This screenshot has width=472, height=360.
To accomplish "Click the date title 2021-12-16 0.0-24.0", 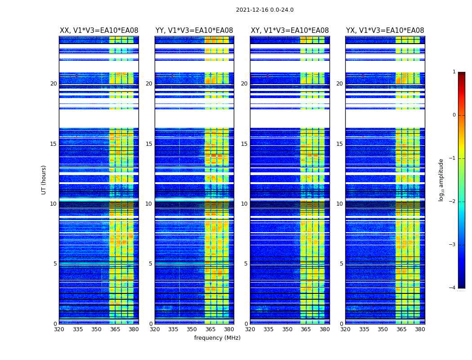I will click(x=264, y=10).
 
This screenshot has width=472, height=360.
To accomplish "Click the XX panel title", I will click(x=99, y=31).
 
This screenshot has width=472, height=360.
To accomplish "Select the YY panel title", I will click(x=194, y=31).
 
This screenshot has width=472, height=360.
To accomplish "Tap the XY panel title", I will click(x=289, y=31).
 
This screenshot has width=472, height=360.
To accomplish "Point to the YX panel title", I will click(x=385, y=31).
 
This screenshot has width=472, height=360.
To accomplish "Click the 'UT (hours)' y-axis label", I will click(x=44, y=180).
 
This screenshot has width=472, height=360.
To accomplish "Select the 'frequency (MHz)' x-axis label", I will click(x=217, y=338).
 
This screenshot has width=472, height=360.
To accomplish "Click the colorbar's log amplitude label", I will click(x=441, y=180).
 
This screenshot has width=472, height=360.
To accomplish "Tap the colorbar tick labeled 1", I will click(x=454, y=72).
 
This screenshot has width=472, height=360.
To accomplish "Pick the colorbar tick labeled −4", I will click(x=453, y=288).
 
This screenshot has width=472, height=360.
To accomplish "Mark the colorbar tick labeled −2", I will click(x=453, y=202).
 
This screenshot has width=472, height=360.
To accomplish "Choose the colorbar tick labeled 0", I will click(x=454, y=115).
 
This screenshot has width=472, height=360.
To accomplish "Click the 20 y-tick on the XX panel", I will click(x=53, y=84).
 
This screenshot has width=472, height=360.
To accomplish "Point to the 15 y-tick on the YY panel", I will click(x=149, y=144).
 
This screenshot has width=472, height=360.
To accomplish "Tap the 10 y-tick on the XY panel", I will click(x=244, y=204).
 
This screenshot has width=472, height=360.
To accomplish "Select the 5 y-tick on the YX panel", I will click(x=341, y=264).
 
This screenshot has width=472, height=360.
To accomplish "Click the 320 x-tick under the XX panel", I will click(x=59, y=329).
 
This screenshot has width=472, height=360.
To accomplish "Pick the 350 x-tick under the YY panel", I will click(x=192, y=329).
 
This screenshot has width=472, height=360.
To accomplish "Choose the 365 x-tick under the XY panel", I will click(x=306, y=329).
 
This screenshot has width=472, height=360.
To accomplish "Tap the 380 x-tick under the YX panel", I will click(x=420, y=329).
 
